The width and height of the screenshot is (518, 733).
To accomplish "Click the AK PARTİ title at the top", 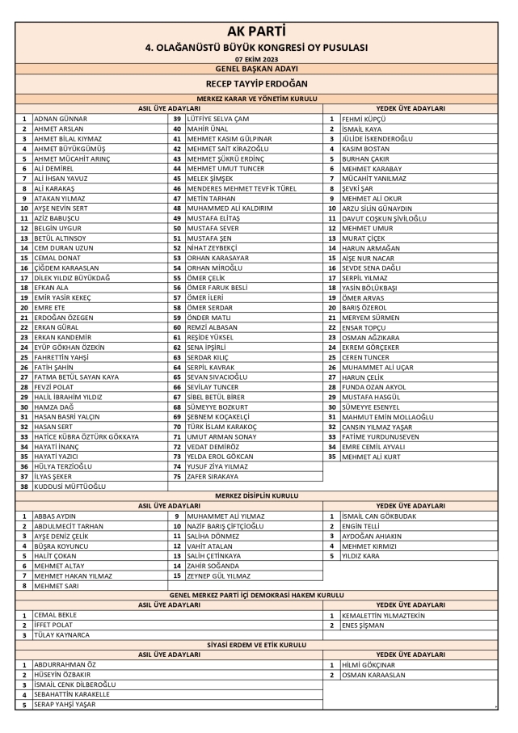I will (x=259, y=32).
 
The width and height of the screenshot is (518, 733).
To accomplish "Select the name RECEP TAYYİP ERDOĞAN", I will (x=259, y=83).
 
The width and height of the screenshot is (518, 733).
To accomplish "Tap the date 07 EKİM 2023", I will (x=259, y=60).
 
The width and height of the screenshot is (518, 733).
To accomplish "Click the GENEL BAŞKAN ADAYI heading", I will (x=259, y=69).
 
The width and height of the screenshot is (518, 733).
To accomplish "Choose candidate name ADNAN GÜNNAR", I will (x=61, y=119).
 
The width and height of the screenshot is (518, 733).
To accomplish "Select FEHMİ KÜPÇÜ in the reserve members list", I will (x=363, y=119).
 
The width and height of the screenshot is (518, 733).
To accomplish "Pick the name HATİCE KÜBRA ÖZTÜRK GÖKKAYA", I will (x=86, y=437).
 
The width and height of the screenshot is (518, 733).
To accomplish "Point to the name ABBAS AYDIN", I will (x=55, y=516).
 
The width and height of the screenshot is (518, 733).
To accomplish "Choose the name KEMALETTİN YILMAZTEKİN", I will (x=383, y=615).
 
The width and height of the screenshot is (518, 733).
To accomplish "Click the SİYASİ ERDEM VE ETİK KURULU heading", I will (x=259, y=645).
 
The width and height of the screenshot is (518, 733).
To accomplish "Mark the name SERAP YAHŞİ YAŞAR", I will (x=65, y=705).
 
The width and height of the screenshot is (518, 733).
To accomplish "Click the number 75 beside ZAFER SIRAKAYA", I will (x=176, y=477).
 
